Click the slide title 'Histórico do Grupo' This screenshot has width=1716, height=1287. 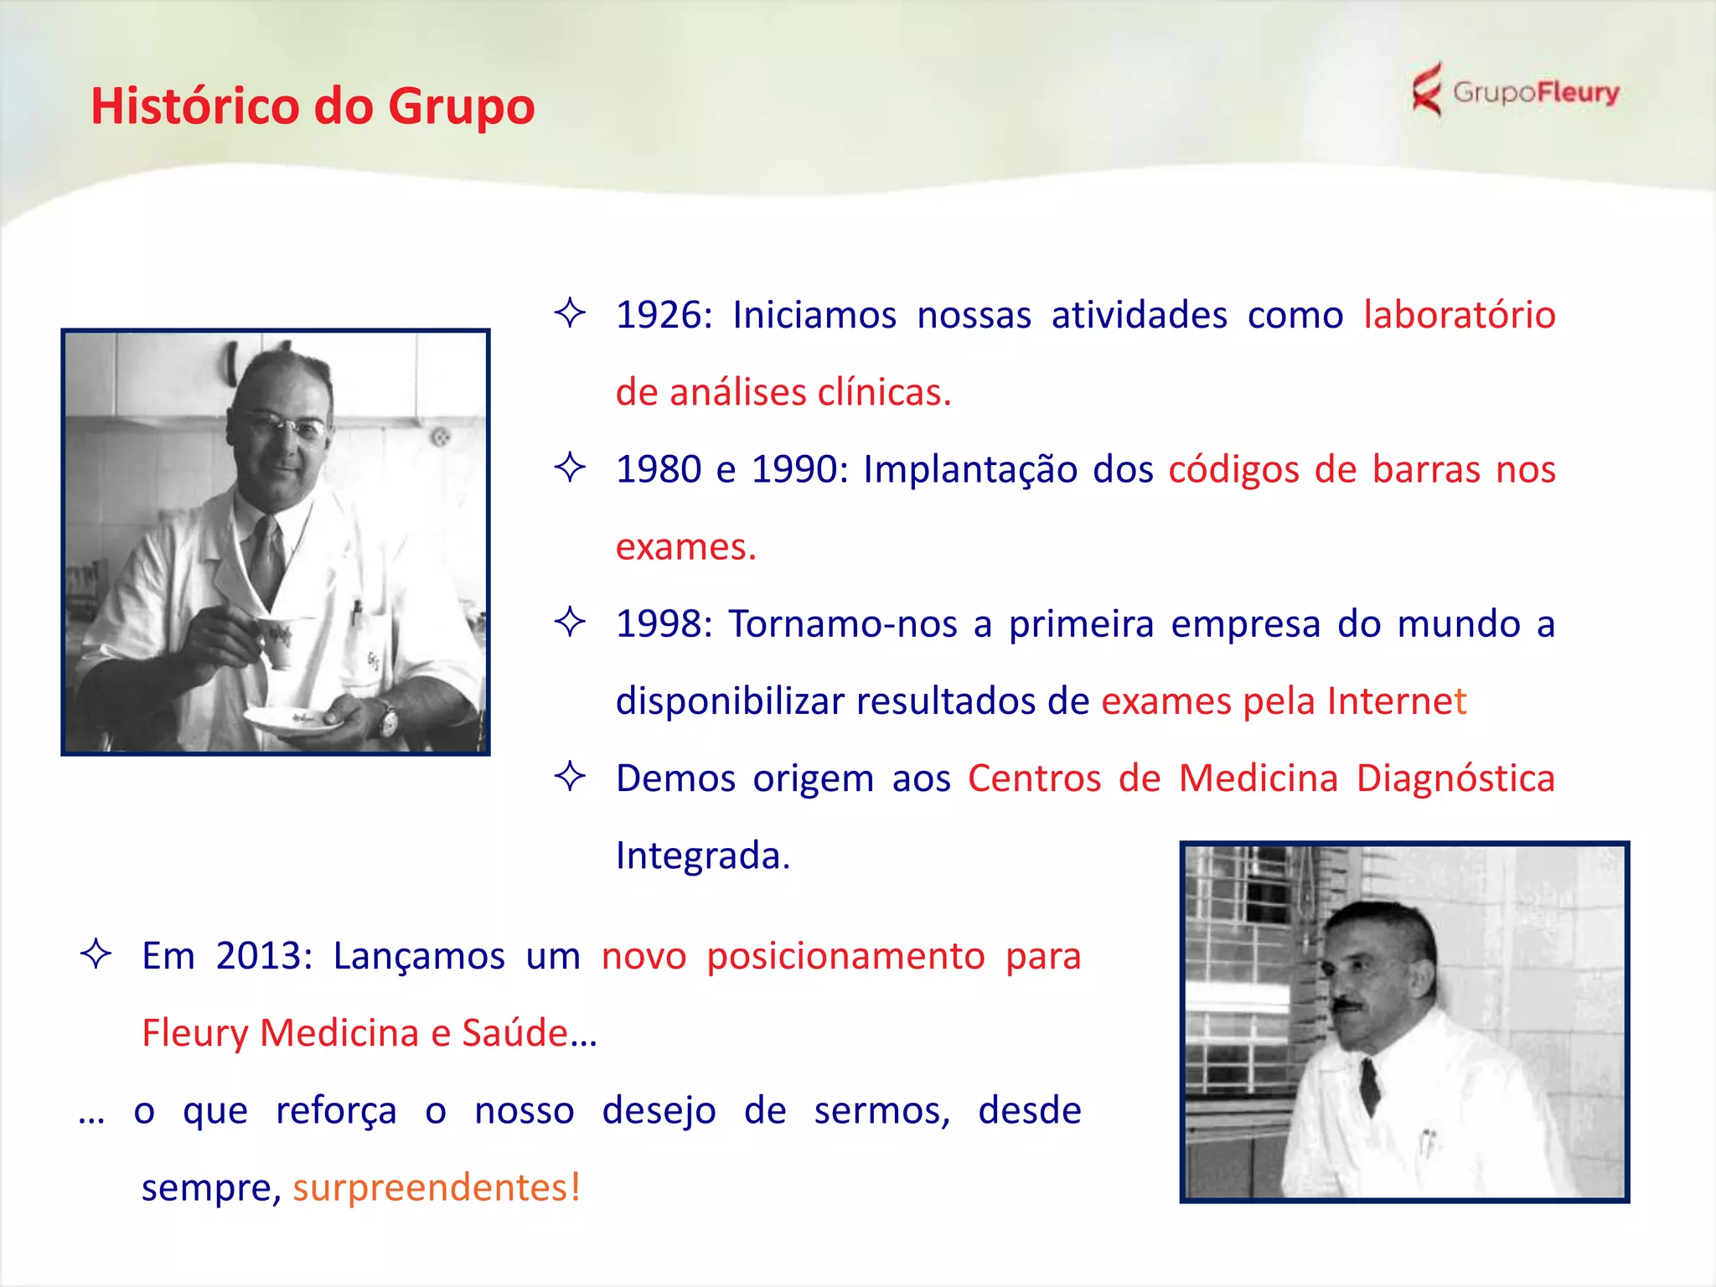click(313, 106)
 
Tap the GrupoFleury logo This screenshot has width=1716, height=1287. click(1515, 91)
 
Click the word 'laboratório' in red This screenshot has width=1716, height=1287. click(1459, 316)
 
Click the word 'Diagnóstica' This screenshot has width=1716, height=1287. click(1455, 778)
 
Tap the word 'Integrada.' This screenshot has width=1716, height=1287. click(702, 855)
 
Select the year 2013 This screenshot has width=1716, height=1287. click(260, 956)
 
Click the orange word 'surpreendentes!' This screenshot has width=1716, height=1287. click(437, 1187)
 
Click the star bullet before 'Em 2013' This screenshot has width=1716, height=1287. click(96, 954)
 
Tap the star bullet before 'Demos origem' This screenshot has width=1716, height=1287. click(570, 776)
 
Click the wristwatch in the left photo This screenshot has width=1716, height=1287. click(387, 719)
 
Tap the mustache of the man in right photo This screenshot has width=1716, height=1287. click(1346, 1003)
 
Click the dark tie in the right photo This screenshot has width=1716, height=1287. click(1370, 1085)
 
